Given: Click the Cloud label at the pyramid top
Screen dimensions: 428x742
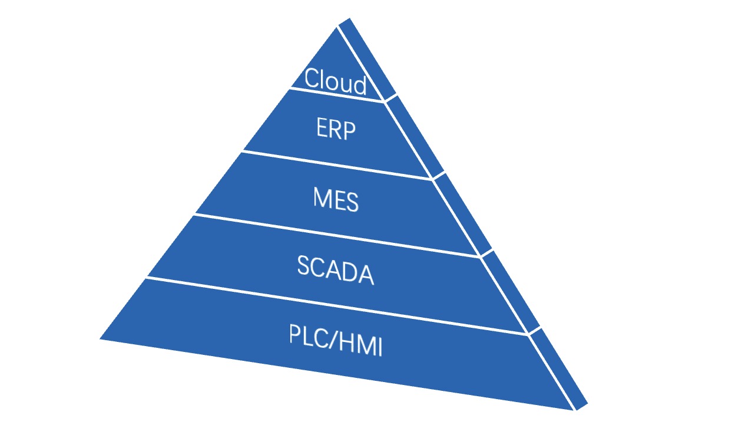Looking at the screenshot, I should (x=336, y=81).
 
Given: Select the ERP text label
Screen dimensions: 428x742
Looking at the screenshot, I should (x=336, y=129).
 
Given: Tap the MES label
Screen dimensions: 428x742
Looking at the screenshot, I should (x=336, y=200).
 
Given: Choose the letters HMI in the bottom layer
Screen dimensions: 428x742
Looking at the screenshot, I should (x=363, y=345).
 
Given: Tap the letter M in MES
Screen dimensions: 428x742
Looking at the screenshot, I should (x=322, y=198).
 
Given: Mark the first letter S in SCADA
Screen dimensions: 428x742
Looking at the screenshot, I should (x=304, y=266).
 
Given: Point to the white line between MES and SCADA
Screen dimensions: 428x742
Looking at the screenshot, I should (x=337, y=235).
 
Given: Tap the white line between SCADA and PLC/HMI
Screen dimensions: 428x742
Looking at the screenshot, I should (x=337, y=305).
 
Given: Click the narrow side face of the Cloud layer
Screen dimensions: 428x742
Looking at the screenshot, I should (x=366, y=59).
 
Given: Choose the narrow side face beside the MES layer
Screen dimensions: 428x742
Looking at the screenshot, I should (x=465, y=213).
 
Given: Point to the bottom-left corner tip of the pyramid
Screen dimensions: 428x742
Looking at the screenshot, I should (x=101, y=338).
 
